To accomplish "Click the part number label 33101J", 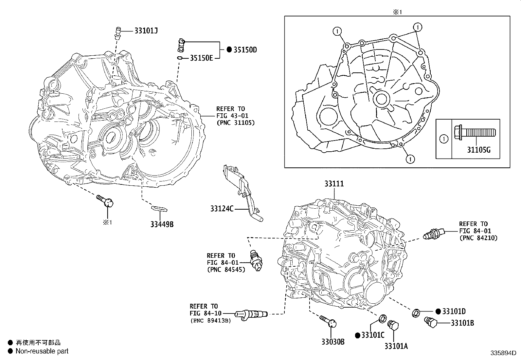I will (146, 31).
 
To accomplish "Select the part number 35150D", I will (245, 50).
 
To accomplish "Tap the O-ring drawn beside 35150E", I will (180, 58).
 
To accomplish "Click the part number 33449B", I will (162, 224).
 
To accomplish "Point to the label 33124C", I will (222, 208).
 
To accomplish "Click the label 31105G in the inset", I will (478, 150).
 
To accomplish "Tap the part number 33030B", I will (333, 342).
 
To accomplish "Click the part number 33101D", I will (454, 311).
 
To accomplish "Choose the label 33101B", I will (462, 323).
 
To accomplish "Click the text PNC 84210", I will (478, 238).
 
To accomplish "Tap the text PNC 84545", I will (226, 270).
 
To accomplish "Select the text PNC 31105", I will (235, 123).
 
